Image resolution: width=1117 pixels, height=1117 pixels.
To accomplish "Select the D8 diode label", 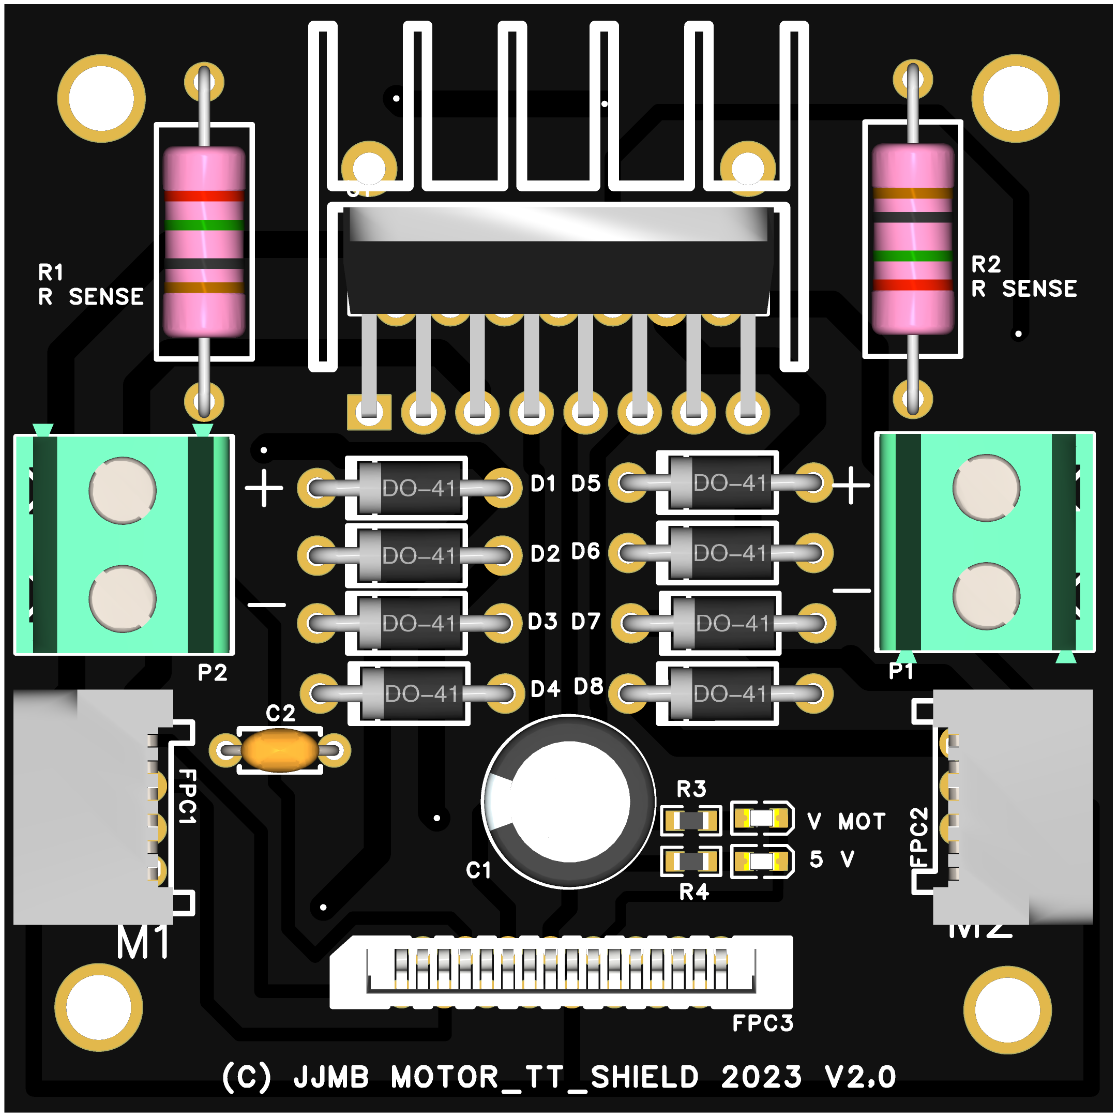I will (588, 687).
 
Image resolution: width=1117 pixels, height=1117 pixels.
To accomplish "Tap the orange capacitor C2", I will (280, 750).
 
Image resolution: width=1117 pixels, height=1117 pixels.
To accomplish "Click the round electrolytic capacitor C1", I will (569, 802).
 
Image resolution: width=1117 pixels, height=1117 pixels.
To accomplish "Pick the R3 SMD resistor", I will (690, 820).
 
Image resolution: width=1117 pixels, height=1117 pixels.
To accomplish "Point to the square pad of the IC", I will (369, 412).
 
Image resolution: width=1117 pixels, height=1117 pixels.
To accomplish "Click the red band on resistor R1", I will (204, 195).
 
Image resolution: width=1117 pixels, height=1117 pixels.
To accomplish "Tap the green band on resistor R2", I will (912, 255).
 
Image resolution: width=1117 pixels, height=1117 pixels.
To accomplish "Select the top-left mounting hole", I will (101, 98).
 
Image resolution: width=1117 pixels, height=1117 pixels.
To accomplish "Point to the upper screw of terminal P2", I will (123, 490).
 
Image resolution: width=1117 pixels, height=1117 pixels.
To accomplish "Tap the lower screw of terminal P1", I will (986, 596).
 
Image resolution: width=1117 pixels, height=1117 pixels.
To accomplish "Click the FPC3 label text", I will (762, 1024).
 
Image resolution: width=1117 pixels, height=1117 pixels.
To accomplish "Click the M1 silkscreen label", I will (143, 943).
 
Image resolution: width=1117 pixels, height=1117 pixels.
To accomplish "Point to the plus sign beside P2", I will (264, 488).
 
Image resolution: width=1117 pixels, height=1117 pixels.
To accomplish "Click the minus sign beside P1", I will (851, 590).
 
